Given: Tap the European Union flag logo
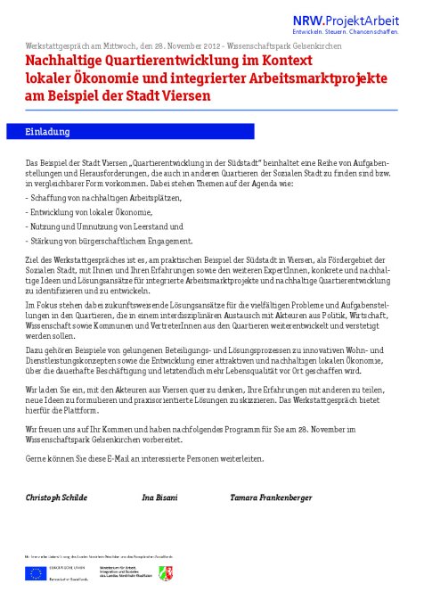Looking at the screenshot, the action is pos(36,573).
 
